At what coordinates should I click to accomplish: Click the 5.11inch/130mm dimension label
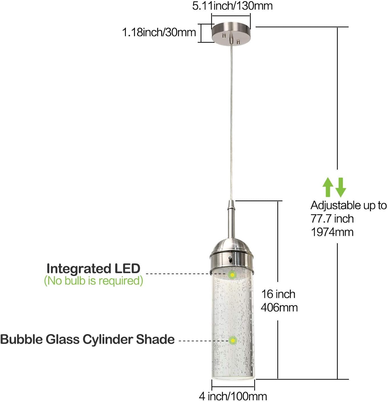point(232,6)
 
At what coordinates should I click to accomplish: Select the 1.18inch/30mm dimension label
point(159,33)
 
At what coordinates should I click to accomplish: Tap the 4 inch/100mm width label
point(233,396)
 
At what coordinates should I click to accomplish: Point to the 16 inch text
point(278,294)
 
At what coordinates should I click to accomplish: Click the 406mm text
point(279,308)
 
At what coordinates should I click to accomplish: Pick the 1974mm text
point(332,232)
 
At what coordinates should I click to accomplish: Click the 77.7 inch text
point(332,219)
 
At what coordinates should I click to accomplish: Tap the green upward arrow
point(328,187)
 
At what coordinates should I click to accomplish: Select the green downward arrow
point(341,187)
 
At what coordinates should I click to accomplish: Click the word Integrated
point(79,269)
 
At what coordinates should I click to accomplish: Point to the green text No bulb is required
point(94,281)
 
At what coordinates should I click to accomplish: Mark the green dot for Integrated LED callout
point(232,275)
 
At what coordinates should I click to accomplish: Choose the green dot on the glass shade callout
point(233,340)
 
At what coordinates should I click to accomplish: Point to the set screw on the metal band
point(230,258)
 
